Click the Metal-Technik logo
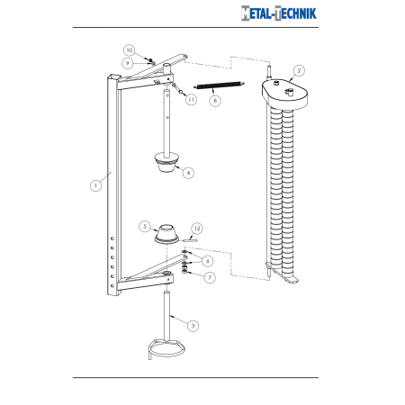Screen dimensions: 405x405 point(279,13)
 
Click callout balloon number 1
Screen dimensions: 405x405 point(95,185)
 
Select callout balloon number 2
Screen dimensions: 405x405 point(299,71)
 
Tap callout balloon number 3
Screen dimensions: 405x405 point(193,326)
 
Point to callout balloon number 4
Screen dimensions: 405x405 point(188,173)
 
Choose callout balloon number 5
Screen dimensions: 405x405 point(145,226)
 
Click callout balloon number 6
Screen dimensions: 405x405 point(208,261)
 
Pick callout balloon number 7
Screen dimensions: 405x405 point(210,277)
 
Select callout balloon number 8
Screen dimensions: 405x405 point(215,101)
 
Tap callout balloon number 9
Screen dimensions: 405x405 point(128,63)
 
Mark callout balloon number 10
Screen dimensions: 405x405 point(130,50)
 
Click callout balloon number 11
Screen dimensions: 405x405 point(191,100)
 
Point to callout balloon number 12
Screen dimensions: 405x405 point(197,229)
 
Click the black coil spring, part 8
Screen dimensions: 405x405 point(220,85)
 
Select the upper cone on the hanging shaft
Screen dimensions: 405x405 point(166,163)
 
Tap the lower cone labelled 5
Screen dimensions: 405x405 point(166,234)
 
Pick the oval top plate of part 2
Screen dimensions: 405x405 point(284,93)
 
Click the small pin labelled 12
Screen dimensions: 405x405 point(190,239)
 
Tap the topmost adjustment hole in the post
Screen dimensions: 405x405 point(112,238)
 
